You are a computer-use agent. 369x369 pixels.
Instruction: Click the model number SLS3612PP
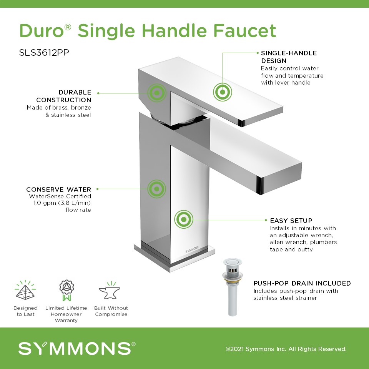coord(44,53)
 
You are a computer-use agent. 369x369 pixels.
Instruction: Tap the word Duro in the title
coord(42,31)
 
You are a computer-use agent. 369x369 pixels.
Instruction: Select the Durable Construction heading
coord(63,96)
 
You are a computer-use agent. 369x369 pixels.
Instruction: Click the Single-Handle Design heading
coord(289,57)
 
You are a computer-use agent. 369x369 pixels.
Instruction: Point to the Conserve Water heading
coord(58,189)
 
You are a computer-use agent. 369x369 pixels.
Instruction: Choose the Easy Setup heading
coord(291,221)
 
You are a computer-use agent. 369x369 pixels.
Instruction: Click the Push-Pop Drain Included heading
coord(302,283)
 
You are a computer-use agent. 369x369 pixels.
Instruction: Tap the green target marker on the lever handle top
coord(223,92)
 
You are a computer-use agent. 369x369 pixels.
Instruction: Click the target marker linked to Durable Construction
coord(157,93)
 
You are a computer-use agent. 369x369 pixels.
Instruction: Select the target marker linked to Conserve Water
coord(156,189)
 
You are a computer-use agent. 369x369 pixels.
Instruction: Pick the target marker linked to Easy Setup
coord(184,219)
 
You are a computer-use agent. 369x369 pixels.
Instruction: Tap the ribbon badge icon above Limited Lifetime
coord(66,291)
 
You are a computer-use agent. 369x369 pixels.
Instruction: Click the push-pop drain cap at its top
coord(233,261)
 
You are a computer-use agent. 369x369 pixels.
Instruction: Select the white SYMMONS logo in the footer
coord(77,348)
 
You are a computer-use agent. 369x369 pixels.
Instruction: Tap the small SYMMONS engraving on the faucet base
coord(192,250)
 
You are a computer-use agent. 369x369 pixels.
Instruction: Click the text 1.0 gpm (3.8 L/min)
coord(62,203)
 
